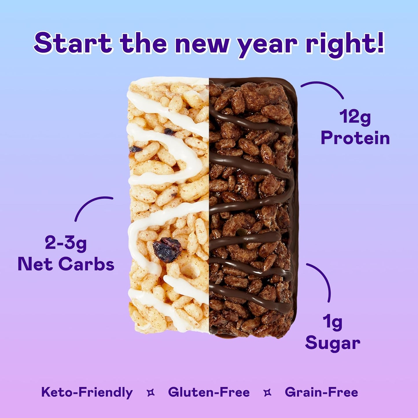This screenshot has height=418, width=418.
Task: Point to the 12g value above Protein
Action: [x=355, y=117]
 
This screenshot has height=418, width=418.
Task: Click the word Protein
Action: [x=355, y=138]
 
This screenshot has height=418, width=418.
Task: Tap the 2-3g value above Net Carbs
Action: [x=66, y=243]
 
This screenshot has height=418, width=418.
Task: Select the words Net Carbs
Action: [x=66, y=264]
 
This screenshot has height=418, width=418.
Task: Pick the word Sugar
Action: [x=333, y=343]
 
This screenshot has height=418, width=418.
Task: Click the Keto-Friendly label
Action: [x=87, y=392]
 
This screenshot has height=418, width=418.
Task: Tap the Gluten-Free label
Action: [x=209, y=392]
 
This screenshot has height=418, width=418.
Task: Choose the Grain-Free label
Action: [x=321, y=392]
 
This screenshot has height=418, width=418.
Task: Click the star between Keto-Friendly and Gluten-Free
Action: [x=151, y=393]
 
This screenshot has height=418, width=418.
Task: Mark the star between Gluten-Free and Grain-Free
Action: [x=268, y=393]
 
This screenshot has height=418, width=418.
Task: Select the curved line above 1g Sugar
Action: [x=323, y=278]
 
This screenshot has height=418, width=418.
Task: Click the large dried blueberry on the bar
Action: [x=167, y=249]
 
